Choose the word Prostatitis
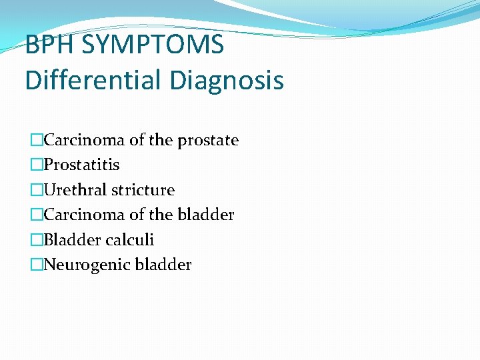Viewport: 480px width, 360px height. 81,165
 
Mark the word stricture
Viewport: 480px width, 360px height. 143,190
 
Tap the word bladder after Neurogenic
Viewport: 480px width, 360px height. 163,265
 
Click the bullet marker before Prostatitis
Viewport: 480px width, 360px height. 37,165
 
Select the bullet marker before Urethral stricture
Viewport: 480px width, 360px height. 37,190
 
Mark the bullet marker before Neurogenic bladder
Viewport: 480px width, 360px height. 37,265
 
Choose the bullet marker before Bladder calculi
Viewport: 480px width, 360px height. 37,240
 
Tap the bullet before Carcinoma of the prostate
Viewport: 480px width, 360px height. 37,140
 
